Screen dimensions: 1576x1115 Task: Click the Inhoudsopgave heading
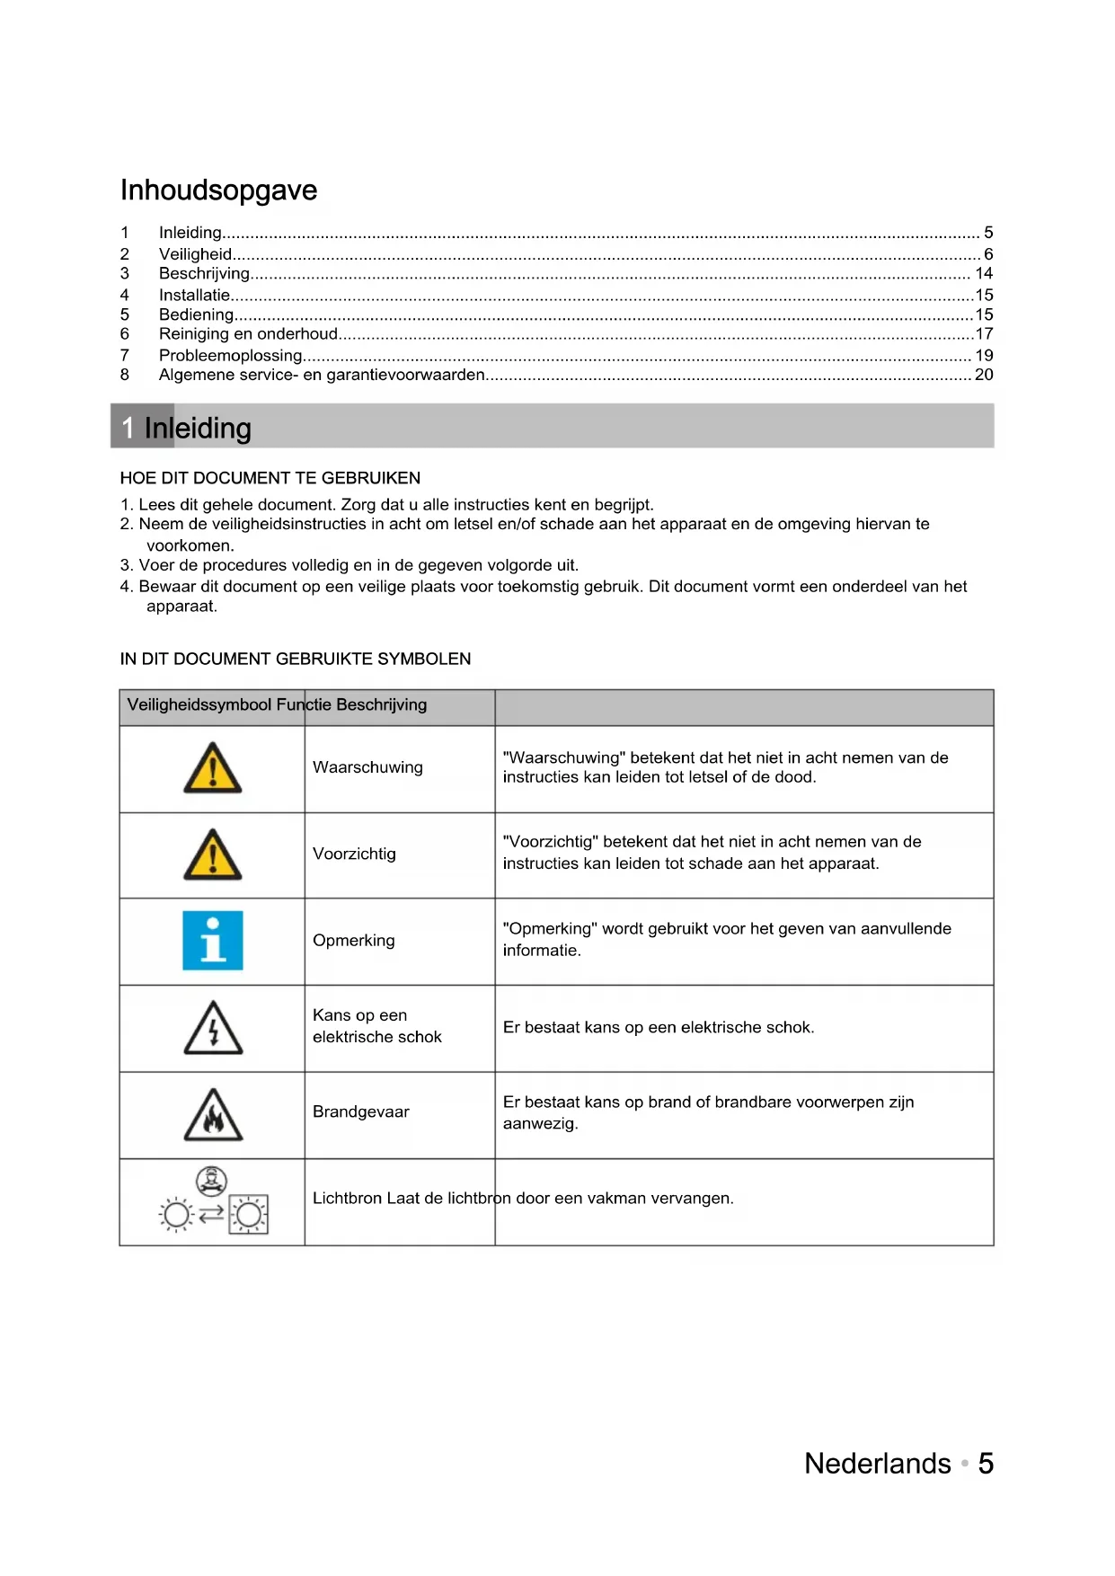click(218, 190)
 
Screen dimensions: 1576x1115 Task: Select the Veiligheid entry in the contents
click(196, 254)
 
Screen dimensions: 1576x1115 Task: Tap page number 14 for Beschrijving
click(984, 273)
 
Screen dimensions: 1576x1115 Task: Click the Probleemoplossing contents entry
click(230, 355)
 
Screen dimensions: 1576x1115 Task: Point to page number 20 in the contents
click(984, 375)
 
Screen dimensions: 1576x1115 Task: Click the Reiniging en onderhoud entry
click(248, 333)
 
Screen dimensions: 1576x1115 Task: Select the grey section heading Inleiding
click(198, 428)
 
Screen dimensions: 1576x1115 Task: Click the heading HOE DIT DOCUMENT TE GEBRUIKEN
click(270, 478)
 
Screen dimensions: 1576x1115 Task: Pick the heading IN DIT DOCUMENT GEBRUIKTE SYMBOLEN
click(296, 659)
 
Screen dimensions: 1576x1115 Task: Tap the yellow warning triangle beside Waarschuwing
click(213, 769)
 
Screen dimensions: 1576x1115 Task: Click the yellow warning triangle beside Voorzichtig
click(213, 855)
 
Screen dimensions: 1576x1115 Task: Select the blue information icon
click(213, 941)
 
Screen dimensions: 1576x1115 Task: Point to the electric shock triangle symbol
click(213, 1029)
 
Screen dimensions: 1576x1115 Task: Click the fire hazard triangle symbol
click(213, 1116)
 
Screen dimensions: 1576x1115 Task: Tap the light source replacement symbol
click(213, 1201)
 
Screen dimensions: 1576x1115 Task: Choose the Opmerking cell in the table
click(354, 941)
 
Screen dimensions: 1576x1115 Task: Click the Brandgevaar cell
click(361, 1112)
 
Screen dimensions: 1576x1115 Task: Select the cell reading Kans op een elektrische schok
click(377, 1026)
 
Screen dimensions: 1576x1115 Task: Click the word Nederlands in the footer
click(877, 1464)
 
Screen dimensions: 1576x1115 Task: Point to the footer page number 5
click(986, 1464)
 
